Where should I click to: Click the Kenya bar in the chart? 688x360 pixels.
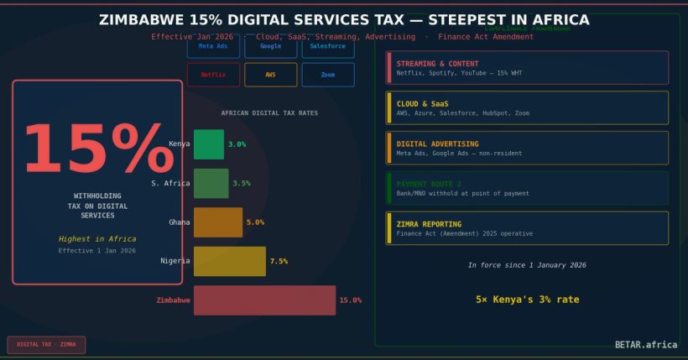(209, 144)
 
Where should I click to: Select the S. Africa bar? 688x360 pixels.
(211, 183)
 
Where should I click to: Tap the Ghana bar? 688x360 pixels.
(218, 222)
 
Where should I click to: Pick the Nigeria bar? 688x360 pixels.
(230, 261)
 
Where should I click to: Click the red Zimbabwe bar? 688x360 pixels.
(264, 300)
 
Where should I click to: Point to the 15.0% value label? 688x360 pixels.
(350, 300)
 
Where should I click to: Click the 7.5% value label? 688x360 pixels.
(279, 261)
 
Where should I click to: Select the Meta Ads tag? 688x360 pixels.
(213, 46)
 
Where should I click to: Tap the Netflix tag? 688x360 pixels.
(213, 75)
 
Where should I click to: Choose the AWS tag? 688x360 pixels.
(270, 75)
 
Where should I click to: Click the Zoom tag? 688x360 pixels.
(327, 75)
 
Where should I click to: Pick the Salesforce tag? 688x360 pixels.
(327, 46)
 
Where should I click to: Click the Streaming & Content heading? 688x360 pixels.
(437, 64)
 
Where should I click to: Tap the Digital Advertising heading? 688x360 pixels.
(437, 143)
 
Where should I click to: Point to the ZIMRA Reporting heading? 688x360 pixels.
(429, 224)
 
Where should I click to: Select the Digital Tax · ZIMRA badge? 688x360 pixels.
(46, 344)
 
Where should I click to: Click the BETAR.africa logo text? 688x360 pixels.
(646, 344)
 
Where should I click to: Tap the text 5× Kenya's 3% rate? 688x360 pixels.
(527, 299)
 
